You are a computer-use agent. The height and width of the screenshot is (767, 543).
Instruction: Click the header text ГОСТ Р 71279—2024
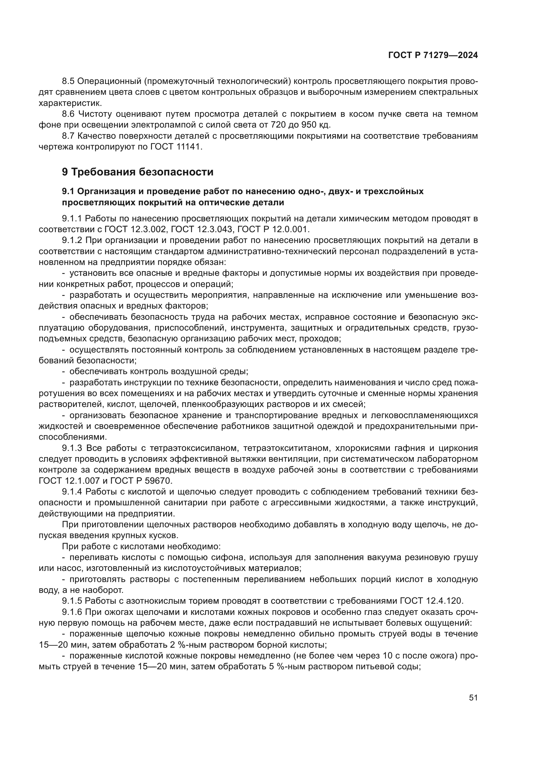(433, 55)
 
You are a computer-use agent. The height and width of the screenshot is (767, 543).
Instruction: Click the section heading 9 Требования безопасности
(138, 172)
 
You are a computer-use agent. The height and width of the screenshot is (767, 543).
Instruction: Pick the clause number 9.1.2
(72, 240)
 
